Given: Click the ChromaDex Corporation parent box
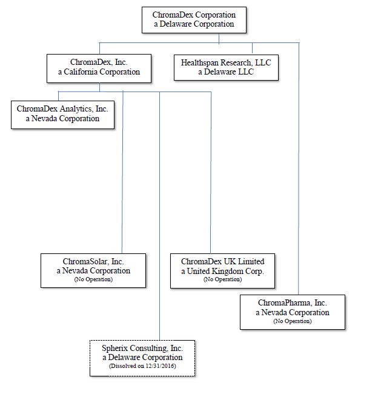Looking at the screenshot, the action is click(194, 20).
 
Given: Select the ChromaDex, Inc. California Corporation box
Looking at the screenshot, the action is click(99, 68).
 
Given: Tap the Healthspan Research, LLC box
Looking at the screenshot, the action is click(226, 67).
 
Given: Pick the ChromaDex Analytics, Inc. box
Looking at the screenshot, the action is click(62, 115).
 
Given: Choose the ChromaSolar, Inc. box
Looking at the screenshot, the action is click(93, 270).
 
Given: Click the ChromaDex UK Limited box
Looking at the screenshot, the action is click(222, 270).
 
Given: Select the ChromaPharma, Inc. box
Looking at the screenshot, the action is click(293, 312).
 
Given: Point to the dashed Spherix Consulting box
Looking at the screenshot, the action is click(142, 358).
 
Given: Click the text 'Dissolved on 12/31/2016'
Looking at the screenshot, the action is click(142, 366).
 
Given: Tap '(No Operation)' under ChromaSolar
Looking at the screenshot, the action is click(93, 279).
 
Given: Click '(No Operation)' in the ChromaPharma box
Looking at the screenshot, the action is click(293, 321).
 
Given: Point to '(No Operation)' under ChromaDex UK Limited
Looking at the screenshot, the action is click(222, 279).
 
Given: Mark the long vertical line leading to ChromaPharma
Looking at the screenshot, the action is click(299, 169).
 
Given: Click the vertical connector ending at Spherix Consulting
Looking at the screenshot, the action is click(159, 216).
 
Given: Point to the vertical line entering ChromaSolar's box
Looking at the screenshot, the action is click(122, 172).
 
